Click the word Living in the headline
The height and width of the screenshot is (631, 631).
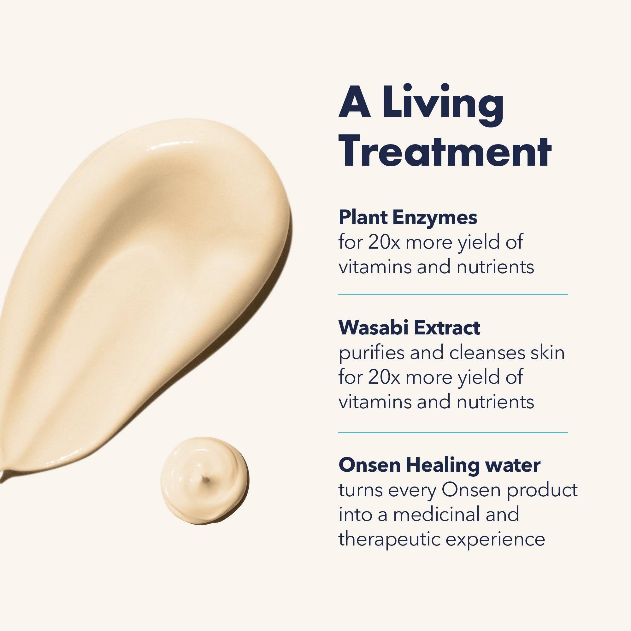(x=443, y=104)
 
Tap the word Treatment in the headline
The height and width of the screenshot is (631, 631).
(x=445, y=151)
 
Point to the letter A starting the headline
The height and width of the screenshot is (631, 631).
(x=355, y=102)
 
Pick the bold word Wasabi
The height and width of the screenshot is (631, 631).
(x=373, y=327)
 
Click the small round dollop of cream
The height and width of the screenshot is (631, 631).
(x=205, y=480)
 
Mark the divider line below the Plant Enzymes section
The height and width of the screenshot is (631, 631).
(x=453, y=294)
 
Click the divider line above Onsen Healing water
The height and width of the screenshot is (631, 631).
(x=453, y=433)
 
